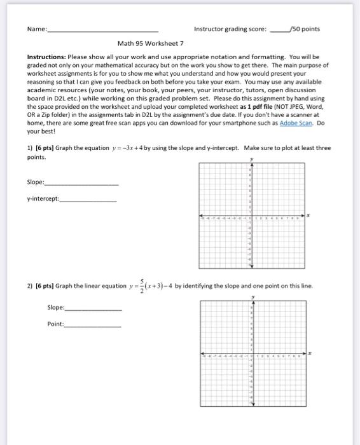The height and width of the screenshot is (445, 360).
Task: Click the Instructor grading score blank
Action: click(279, 31)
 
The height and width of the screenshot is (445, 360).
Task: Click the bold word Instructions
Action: click(46, 57)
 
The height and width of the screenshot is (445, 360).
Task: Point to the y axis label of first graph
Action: click(251, 159)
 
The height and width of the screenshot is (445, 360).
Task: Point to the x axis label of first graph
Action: click(309, 215)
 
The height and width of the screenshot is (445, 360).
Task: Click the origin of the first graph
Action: click(251, 216)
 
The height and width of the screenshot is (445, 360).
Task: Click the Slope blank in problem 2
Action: click(93, 308)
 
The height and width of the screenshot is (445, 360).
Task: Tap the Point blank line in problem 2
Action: click(92, 325)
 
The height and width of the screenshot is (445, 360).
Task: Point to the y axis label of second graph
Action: click(253, 296)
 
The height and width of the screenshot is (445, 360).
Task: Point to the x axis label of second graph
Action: click(310, 352)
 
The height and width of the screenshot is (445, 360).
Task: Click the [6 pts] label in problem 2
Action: click(45, 286)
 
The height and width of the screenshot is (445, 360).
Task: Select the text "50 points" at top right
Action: click(306, 29)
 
